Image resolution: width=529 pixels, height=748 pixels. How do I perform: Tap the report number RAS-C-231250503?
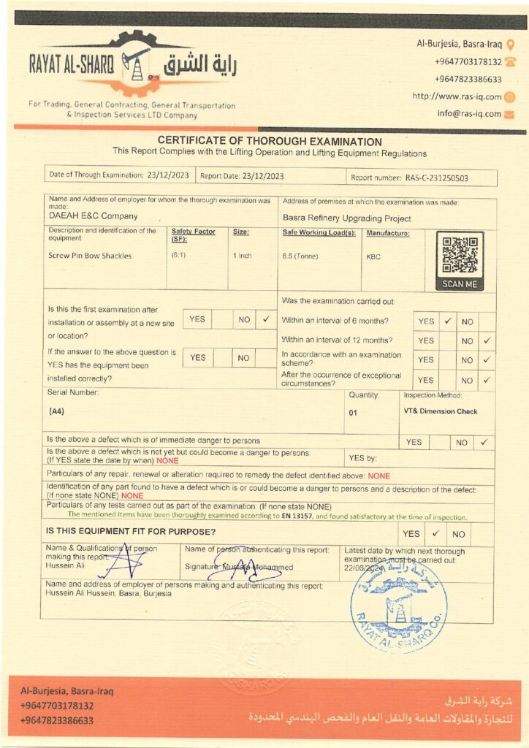(436, 177)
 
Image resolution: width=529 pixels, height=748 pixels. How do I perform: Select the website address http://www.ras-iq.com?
(457, 96)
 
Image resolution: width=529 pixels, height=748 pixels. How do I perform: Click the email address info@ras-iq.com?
(469, 114)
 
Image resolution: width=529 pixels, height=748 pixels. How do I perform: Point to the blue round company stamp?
(399, 606)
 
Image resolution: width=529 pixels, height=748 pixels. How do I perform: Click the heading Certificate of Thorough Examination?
(270, 142)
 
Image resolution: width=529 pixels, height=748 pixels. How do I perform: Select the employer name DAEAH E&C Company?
(93, 216)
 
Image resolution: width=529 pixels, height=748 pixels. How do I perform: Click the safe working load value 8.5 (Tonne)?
(299, 256)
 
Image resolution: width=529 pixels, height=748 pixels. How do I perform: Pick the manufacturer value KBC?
(373, 256)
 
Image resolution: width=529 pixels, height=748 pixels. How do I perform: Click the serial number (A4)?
(56, 411)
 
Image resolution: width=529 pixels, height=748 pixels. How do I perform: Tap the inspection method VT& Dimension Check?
(441, 411)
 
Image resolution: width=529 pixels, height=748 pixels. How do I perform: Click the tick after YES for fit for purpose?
(435, 534)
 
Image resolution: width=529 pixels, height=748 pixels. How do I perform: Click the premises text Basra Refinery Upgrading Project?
(346, 218)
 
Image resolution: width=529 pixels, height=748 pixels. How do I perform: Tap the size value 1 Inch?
(243, 256)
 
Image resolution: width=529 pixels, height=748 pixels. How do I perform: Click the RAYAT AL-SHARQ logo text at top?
(72, 64)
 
